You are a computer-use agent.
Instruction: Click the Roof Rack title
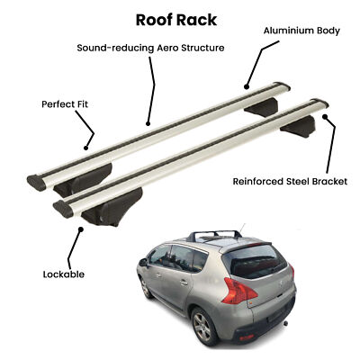pos(176,20)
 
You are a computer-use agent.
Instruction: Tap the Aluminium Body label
pos(301,31)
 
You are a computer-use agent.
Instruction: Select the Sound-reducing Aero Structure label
pos(150,48)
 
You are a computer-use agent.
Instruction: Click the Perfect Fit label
pos(65,104)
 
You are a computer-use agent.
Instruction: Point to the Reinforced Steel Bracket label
pos(290,182)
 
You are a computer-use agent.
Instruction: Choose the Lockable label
pos(64,274)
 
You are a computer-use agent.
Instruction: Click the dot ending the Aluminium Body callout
pos(247,87)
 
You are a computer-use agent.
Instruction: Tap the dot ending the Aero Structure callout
pos(148,123)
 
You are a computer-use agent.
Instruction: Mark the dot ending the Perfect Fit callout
pos(85,148)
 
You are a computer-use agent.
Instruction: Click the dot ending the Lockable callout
pos(81,229)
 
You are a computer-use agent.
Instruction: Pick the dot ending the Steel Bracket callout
pos(324,116)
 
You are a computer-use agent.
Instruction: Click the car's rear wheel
pos(202,327)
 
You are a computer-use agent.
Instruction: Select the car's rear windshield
pos(255,261)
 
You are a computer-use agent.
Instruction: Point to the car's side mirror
pos(143,262)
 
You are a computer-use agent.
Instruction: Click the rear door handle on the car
pos(184,283)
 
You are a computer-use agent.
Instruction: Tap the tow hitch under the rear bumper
pos(286,323)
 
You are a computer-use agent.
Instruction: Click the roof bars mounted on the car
pos(214,235)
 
